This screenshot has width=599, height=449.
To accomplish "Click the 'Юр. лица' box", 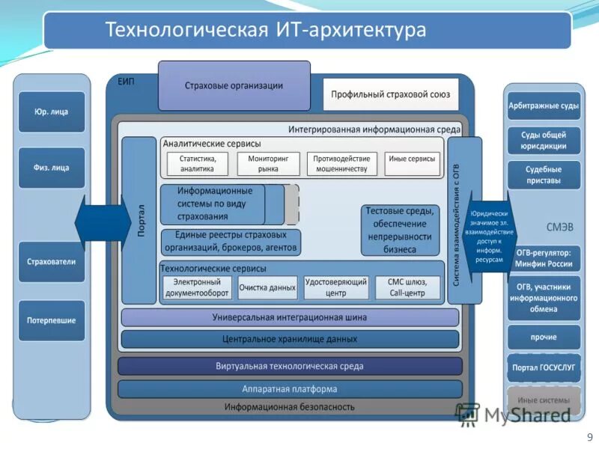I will [52, 112].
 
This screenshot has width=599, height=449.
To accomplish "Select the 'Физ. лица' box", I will [52, 168].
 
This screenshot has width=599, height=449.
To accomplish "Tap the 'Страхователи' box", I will [52, 262].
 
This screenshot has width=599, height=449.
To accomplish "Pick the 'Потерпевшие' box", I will [52, 320].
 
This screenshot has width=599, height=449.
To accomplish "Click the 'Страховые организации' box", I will [234, 85].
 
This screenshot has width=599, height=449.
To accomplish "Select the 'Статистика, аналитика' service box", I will [197, 164].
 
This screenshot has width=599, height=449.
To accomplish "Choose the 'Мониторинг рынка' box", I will [268, 164].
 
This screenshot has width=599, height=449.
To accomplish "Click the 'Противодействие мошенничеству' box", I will [341, 164].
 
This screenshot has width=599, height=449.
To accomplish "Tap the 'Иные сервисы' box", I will [412, 159].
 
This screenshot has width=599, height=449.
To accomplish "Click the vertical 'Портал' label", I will [139, 220].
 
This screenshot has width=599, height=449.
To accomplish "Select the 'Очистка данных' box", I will [267, 287].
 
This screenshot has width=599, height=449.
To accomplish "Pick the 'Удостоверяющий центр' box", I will [336, 287].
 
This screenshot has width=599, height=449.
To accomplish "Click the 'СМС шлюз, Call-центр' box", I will [407, 287].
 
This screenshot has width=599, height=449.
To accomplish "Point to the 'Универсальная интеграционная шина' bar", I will [290, 317].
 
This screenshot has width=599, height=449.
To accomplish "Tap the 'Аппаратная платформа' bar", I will [290, 389].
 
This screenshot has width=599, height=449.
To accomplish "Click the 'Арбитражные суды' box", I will [544, 106].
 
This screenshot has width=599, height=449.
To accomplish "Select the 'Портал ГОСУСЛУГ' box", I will [544, 367].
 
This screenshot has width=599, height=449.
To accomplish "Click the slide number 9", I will [589, 437].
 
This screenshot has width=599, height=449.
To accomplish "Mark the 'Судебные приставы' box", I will [544, 175].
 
